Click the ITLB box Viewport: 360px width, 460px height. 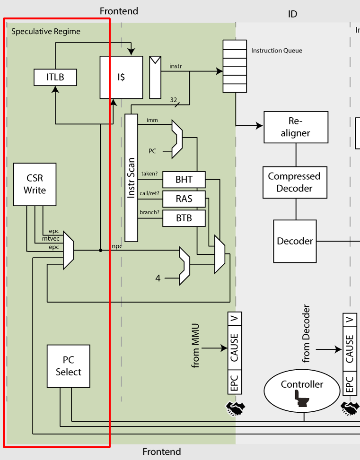pos(55,78)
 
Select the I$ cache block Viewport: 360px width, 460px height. pos(121,78)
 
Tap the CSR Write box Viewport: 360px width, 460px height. pos(35,184)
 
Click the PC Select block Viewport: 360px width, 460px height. pos(69,366)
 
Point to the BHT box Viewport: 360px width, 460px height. pos(184,180)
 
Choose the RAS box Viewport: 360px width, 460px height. pos(184,199)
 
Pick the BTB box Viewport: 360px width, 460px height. pos(184,218)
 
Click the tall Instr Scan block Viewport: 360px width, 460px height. pos(131,178)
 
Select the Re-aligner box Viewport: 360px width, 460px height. pos(296,127)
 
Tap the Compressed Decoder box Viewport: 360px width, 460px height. pos(294,182)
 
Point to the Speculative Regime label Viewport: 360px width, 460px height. pos(46,32)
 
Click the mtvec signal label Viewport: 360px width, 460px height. pos(51,239)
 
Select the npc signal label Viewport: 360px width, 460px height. pos(117,246)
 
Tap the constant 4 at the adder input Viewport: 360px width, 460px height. pos(158,278)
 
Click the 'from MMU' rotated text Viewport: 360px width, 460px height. pos(196,346)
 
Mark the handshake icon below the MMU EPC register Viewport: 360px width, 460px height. pos(234,408)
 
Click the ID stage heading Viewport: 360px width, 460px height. pos(292,14)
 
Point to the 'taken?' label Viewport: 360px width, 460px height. pos(149,174)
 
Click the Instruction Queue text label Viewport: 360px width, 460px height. pos(277,51)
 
